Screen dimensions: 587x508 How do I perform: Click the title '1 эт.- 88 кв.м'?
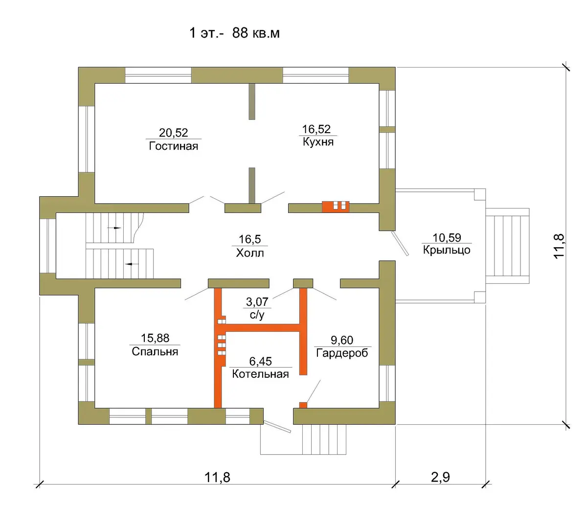point(234,33)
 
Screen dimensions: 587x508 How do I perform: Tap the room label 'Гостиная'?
point(174,146)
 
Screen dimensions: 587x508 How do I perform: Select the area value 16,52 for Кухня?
point(316,129)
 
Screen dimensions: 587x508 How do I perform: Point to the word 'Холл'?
point(250,253)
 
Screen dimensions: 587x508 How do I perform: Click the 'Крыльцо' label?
point(447,250)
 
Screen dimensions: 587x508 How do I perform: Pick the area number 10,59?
point(447,237)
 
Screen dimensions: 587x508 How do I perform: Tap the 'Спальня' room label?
point(155,351)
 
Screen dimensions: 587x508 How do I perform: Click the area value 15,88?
point(155,338)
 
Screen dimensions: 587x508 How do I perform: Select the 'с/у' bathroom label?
point(257,315)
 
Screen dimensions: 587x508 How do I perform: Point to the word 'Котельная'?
point(260,374)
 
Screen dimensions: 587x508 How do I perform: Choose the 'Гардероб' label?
point(342,353)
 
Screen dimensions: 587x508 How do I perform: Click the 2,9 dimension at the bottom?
point(440,477)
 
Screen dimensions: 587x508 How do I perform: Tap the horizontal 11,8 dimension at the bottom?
point(217,477)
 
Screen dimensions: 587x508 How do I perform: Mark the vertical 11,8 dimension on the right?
point(559,246)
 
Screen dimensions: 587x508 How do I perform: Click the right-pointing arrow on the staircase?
point(114,228)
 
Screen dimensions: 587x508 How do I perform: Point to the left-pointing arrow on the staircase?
point(132,264)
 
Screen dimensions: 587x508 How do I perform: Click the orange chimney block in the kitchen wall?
point(336,207)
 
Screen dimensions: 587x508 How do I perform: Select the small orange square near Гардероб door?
point(303,405)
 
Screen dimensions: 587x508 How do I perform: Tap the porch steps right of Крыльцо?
point(507,246)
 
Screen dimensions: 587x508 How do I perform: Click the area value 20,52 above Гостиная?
point(173,133)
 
